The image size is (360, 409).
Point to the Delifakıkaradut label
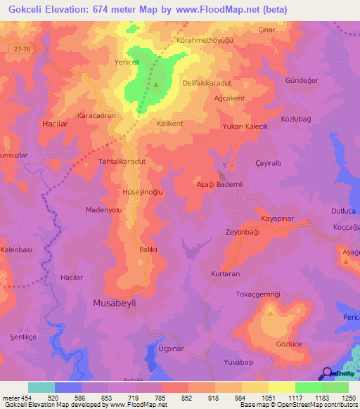[x=207, y=83]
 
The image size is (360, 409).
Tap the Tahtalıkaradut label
[x=122, y=161]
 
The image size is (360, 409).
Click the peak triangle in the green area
[x=156, y=86]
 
